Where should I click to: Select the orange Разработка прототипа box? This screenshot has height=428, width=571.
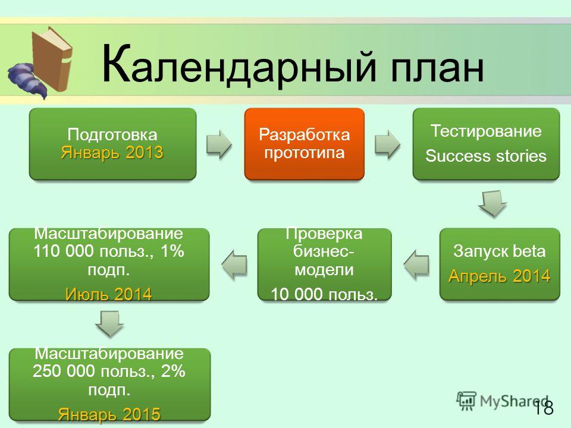[x=305, y=144]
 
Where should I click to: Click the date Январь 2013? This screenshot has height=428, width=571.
[x=112, y=152]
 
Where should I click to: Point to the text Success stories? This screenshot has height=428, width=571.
[x=486, y=156]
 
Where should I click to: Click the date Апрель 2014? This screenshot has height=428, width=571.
[x=499, y=276]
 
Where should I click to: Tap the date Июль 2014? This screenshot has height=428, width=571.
[x=108, y=294]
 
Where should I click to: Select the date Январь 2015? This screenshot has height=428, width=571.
[x=109, y=414]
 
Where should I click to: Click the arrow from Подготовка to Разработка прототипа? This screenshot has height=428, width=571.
[x=219, y=144]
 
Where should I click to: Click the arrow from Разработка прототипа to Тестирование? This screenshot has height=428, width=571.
[x=387, y=144]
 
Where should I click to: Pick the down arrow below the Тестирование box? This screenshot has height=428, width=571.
[x=492, y=204]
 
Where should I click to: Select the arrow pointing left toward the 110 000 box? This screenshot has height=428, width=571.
[x=234, y=264]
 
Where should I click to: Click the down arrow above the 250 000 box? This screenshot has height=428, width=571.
[x=109, y=324]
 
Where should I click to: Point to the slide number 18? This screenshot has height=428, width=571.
[x=544, y=407]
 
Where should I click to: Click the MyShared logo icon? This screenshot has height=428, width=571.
[x=466, y=401]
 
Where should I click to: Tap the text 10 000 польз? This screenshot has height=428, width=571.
[x=324, y=294]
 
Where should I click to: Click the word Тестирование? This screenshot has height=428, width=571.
[x=486, y=131]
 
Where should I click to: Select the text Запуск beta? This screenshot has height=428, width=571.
[x=499, y=251]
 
